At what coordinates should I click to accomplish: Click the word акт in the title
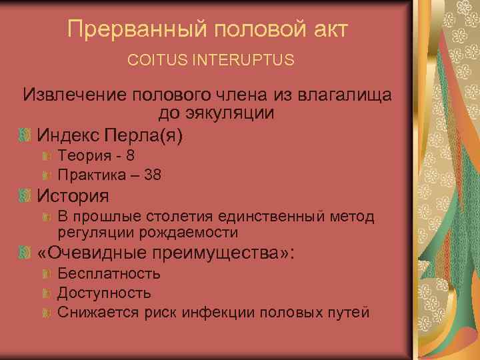point(326,29)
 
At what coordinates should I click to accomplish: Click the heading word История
point(73,196)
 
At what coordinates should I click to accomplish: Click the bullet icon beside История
point(25,196)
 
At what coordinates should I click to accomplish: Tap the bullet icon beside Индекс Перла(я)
point(25,135)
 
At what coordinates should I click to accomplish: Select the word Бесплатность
point(109,273)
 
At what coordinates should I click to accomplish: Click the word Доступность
point(104,293)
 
